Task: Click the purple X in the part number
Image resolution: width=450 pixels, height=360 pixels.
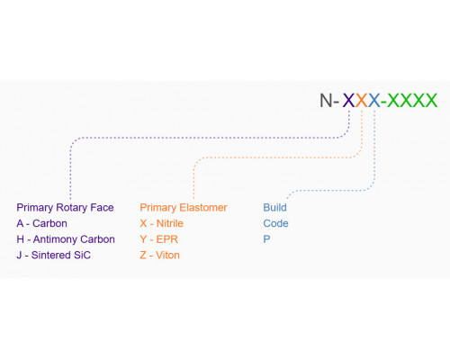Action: [349, 100]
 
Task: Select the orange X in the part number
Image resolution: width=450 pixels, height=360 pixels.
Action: [362, 100]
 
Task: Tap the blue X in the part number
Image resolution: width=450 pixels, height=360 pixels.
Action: [374, 100]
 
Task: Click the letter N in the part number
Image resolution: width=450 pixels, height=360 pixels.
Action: [326, 100]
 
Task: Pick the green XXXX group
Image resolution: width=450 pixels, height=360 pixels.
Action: [412, 100]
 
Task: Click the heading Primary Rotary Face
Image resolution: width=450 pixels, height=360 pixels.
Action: [65, 208]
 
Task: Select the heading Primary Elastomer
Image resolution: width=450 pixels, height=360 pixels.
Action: [184, 208]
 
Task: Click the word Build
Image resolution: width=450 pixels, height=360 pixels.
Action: [274, 208]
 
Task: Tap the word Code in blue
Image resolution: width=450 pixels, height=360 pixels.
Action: [275, 223]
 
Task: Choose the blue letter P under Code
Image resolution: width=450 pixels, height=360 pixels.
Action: [266, 239]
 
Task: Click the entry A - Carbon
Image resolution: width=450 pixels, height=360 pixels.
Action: [42, 223]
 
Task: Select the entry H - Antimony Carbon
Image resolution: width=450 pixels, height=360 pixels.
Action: [66, 239]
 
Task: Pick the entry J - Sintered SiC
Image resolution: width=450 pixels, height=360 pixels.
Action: [54, 256]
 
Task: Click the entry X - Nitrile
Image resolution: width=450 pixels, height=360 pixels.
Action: [162, 223]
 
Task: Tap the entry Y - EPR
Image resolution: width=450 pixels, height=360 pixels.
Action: [159, 239]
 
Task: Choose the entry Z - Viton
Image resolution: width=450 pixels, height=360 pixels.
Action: [160, 256]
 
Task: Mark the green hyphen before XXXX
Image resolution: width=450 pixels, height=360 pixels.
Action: [384, 102]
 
